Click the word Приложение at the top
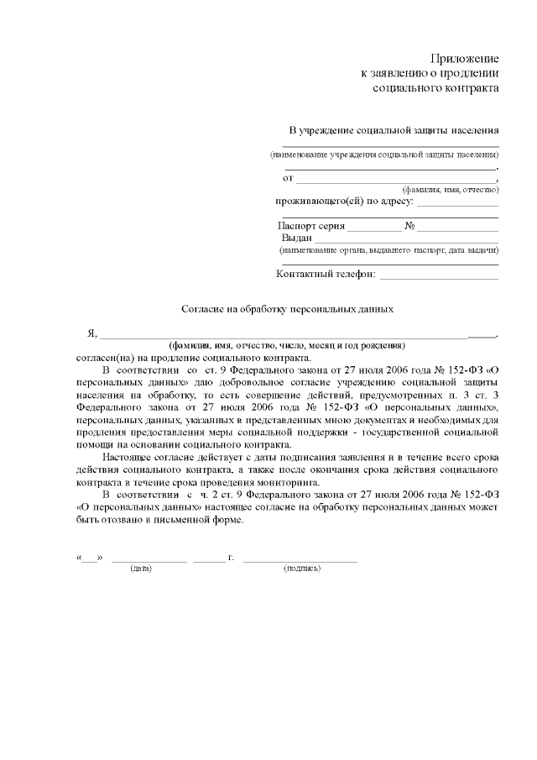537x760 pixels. click(465, 59)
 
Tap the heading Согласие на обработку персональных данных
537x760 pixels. click(288, 309)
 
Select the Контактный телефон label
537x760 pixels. click(326, 274)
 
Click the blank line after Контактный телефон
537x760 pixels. click(440, 275)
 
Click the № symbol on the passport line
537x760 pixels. click(410, 226)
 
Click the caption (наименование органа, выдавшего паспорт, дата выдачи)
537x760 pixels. click(389, 250)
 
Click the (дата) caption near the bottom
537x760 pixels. click(141, 569)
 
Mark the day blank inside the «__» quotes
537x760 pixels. click(90, 557)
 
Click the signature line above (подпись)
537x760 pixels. click(300, 558)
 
